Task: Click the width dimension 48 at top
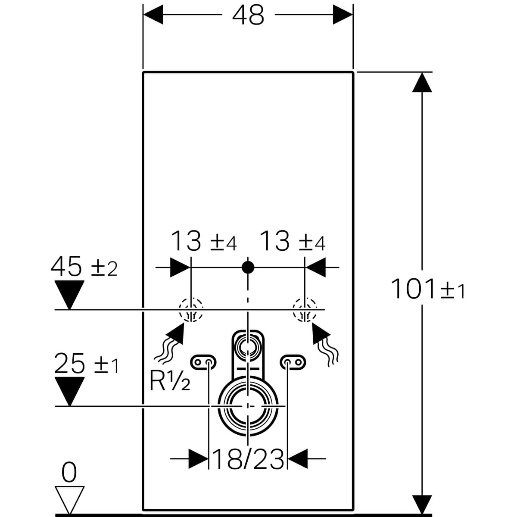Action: (248, 16)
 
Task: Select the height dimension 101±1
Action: (427, 290)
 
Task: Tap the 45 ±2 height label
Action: (84, 267)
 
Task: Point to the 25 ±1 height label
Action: (86, 364)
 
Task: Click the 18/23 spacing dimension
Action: (248, 459)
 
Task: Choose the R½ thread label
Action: (169, 381)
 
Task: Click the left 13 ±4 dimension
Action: (204, 241)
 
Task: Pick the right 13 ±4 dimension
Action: (293, 241)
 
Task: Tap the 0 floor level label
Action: (69, 473)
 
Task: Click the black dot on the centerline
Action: (248, 267)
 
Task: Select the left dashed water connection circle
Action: (190, 310)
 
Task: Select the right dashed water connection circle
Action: (305, 310)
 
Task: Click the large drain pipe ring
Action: (248, 406)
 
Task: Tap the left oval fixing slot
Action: (203, 362)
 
